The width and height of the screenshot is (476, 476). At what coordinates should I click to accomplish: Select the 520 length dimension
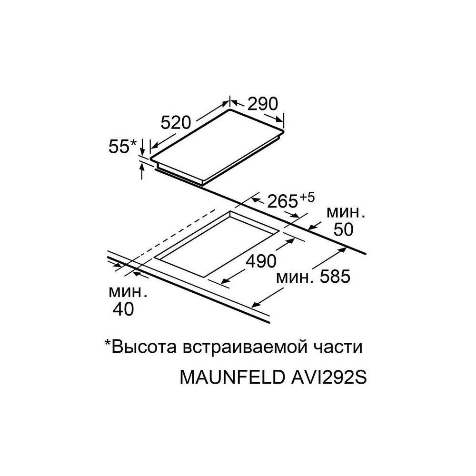click(x=176, y=123)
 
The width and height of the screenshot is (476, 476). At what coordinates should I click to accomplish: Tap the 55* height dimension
click(x=122, y=147)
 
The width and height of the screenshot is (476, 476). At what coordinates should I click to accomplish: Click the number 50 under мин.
click(x=342, y=229)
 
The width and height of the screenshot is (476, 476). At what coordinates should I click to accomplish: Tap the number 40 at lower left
click(x=123, y=309)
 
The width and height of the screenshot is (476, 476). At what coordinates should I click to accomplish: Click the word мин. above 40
click(x=128, y=290)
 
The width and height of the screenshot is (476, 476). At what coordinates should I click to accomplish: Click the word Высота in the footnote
click(x=144, y=347)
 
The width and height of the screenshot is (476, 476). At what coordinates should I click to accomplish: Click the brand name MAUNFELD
click(x=230, y=377)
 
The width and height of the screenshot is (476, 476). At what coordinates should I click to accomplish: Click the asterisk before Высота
click(x=108, y=344)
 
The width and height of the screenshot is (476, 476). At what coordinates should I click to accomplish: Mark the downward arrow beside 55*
click(x=143, y=149)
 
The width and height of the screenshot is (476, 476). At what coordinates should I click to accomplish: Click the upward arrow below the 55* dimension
click(x=142, y=170)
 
